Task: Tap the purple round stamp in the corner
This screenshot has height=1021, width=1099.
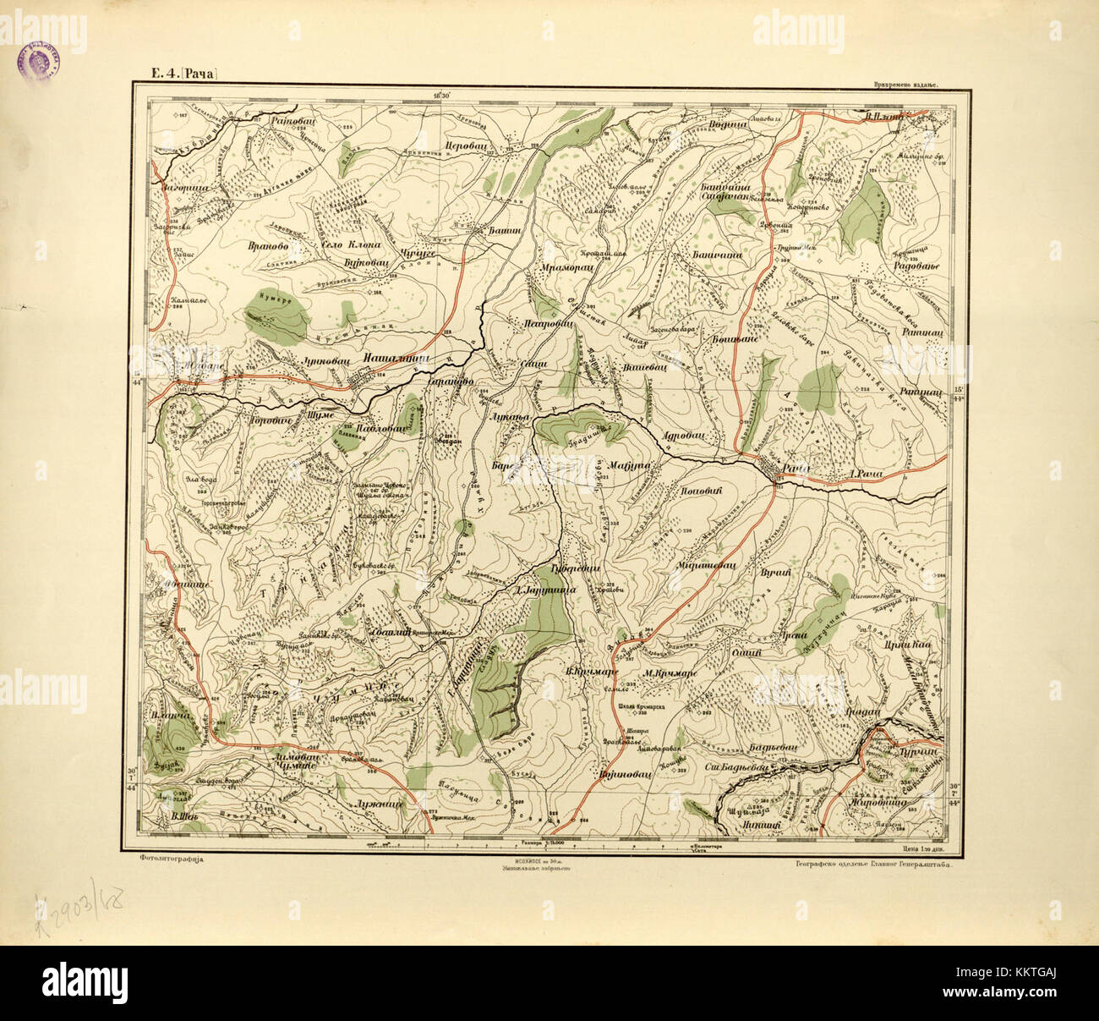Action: [37, 62]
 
